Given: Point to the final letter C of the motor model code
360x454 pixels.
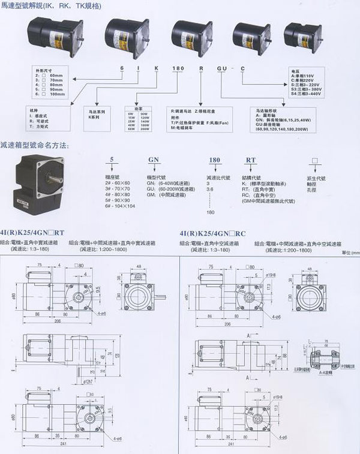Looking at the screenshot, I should (242, 71).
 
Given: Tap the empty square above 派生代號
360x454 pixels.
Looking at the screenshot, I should (311, 161).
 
